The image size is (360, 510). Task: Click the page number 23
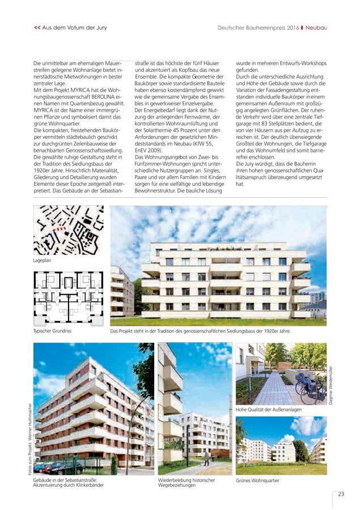tap(341, 494)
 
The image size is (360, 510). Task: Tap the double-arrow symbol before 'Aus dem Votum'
tap(37, 27)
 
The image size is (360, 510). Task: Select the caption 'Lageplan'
tap(43, 261)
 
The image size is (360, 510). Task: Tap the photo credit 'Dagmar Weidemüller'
tap(331, 385)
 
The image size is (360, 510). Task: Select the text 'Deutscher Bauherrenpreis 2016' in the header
tap(258, 27)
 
